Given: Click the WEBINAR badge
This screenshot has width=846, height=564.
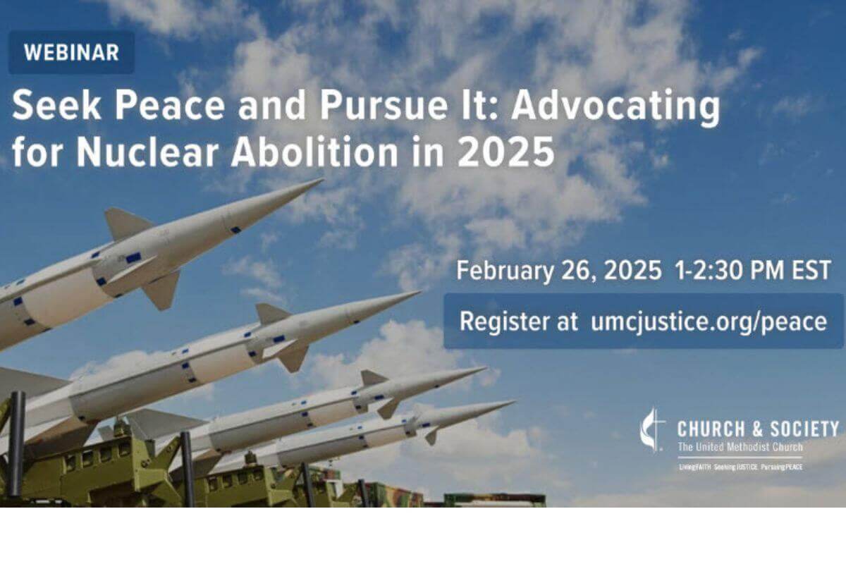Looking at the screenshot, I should coord(70,52).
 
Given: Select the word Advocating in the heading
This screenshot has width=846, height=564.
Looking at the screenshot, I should coord(615,108).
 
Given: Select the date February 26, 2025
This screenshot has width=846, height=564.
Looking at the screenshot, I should coord(558,271).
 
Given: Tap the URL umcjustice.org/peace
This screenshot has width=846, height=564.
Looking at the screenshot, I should coord(709,321).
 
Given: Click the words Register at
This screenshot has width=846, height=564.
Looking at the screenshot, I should coord(515,321).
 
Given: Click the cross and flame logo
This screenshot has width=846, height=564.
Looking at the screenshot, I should coord(652,429).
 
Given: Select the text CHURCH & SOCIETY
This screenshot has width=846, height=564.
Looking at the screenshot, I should coord(758,428).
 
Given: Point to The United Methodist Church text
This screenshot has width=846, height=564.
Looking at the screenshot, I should coord(739,447).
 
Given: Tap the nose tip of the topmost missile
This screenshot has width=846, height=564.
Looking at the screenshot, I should coord(321,180).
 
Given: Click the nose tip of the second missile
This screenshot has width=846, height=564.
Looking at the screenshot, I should coord(419,292).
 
